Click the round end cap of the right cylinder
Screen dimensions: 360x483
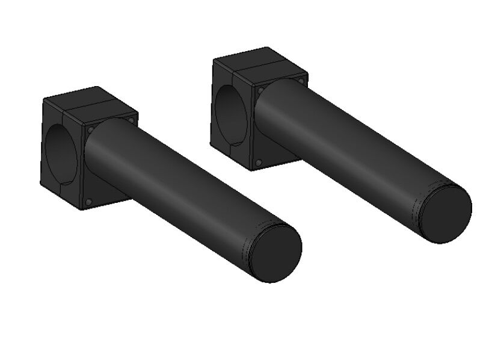click(446, 213)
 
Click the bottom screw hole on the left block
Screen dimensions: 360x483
click(88, 202)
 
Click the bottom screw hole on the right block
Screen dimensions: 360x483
click(258, 163)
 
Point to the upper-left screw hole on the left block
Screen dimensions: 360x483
click(90, 129)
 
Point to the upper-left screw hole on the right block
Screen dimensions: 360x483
click(260, 90)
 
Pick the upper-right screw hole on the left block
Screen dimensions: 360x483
click(131, 120)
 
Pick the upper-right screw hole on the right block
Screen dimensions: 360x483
click(301, 80)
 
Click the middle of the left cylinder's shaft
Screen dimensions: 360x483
click(180, 187)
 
